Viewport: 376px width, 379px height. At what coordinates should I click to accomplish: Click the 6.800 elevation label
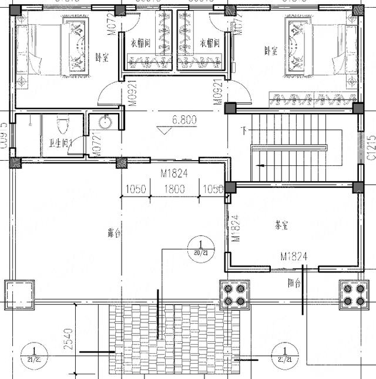click(184, 120)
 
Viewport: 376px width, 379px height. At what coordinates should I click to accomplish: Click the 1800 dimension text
click(174, 189)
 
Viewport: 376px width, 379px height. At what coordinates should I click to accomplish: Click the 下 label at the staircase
click(244, 129)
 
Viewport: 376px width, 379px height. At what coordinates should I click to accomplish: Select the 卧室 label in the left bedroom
click(102, 58)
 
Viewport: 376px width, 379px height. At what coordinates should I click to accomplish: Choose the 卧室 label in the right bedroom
click(270, 51)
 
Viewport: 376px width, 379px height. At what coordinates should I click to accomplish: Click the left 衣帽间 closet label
click(141, 43)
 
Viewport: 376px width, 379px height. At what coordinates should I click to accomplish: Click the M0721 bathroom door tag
click(93, 146)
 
